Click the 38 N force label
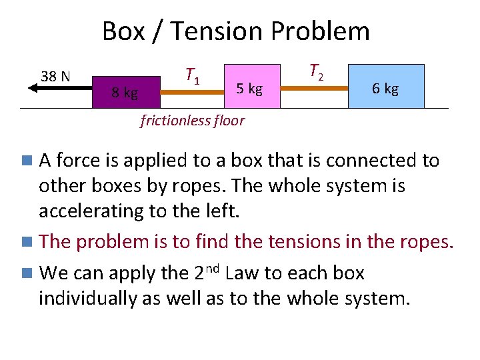tap(56, 76)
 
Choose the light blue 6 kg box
tap(386, 87)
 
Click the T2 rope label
tap(317, 71)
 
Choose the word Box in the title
tap(123, 31)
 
